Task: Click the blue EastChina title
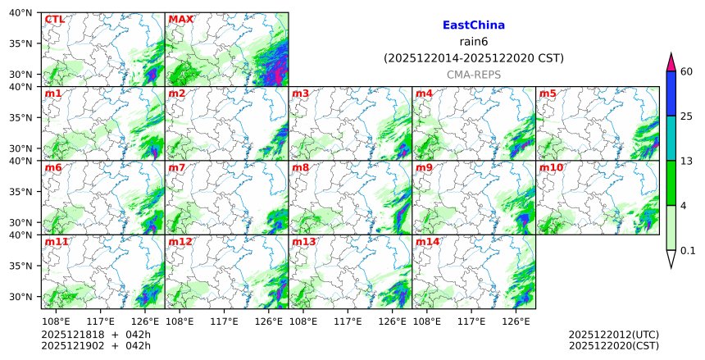click(473, 25)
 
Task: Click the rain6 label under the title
click(474, 42)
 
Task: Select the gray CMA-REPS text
click(474, 75)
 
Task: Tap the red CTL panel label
click(54, 19)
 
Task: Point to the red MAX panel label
click(180, 19)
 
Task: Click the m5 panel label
click(548, 93)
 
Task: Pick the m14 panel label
click(427, 242)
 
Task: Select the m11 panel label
click(57, 242)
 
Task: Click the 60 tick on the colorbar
click(687, 71)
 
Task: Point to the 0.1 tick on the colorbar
click(688, 250)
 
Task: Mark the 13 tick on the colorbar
click(687, 161)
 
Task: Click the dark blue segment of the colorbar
click(671, 93)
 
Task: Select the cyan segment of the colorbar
click(671, 137)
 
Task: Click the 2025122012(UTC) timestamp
click(614, 335)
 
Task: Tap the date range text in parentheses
click(474, 58)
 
